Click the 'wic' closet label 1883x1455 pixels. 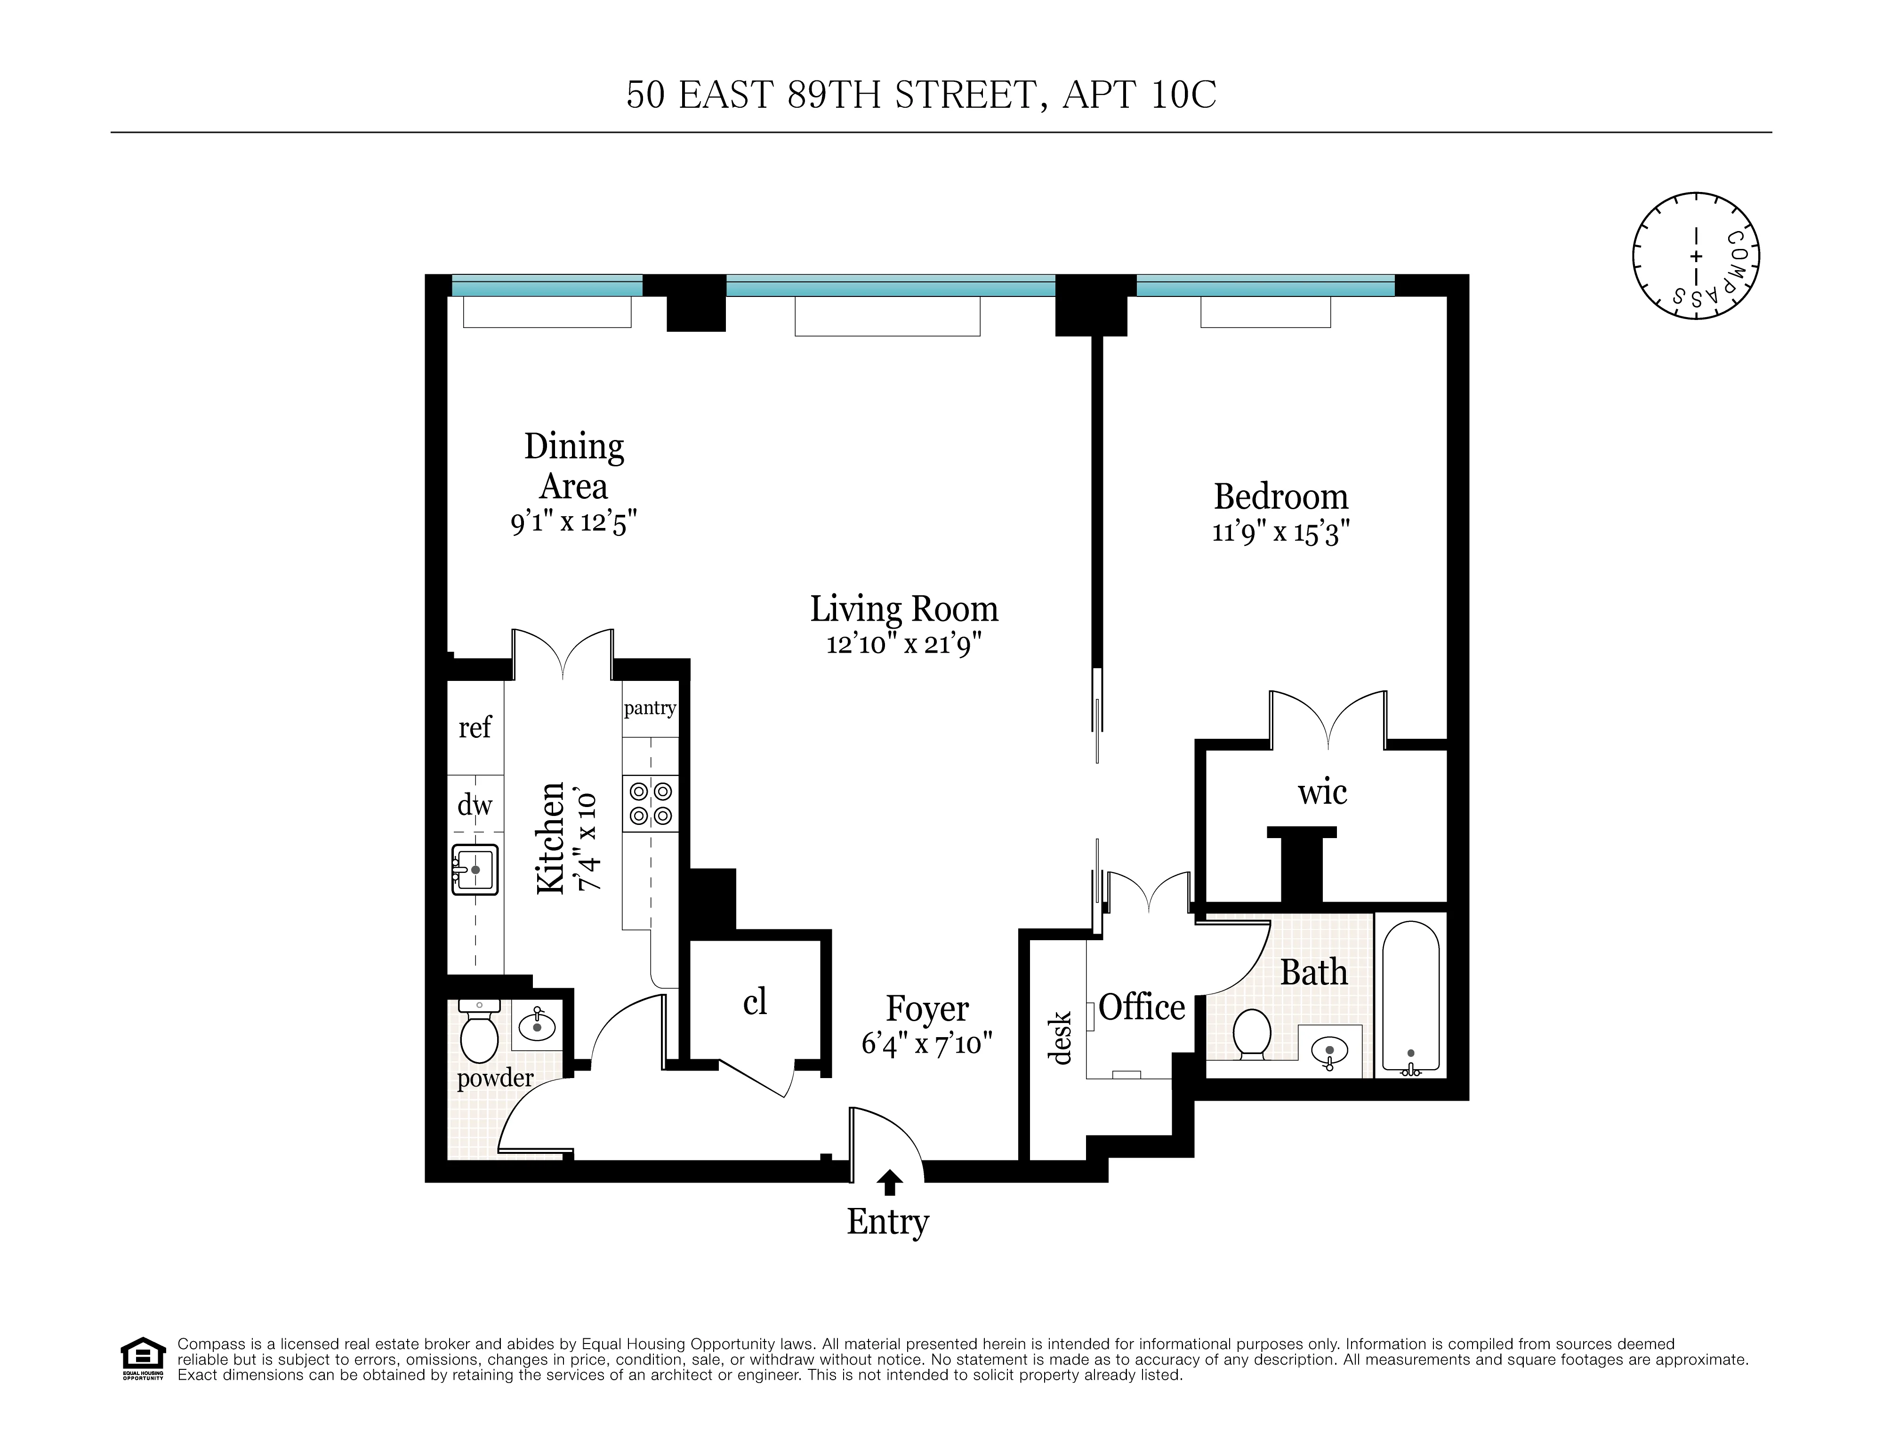1322,791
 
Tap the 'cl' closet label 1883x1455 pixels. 755,1001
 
